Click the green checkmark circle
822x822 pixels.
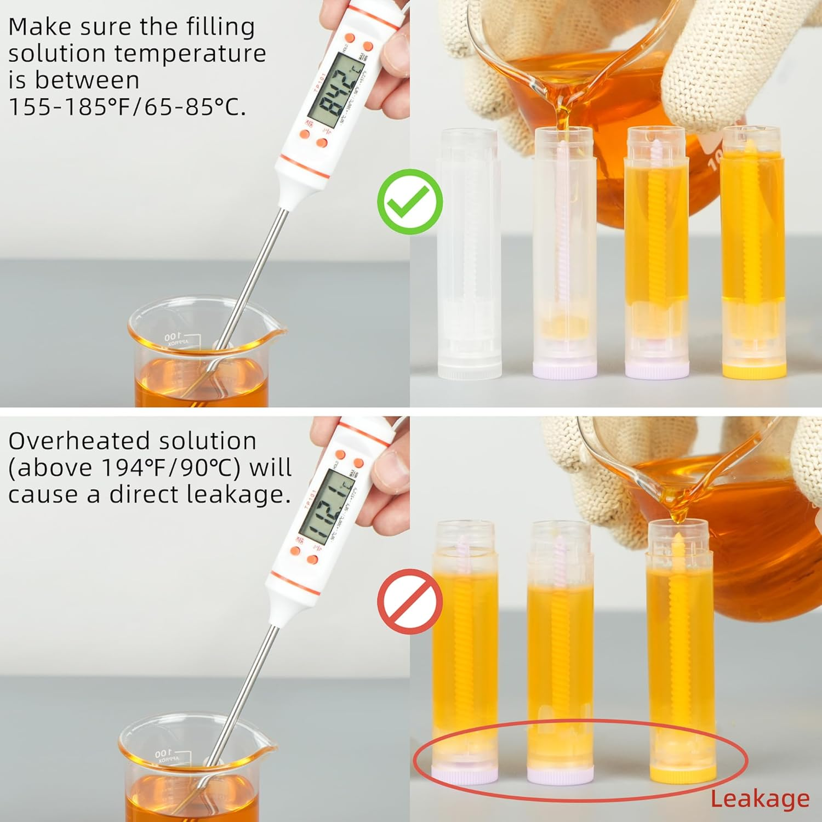click(410, 202)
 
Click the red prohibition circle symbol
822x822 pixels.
click(410, 601)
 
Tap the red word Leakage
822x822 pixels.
click(760, 800)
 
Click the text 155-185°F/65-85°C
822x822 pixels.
click(127, 107)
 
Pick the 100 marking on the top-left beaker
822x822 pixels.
click(171, 335)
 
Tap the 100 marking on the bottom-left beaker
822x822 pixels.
click(163, 754)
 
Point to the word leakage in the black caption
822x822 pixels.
click(237, 494)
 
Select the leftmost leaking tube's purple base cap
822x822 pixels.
click(465, 774)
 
